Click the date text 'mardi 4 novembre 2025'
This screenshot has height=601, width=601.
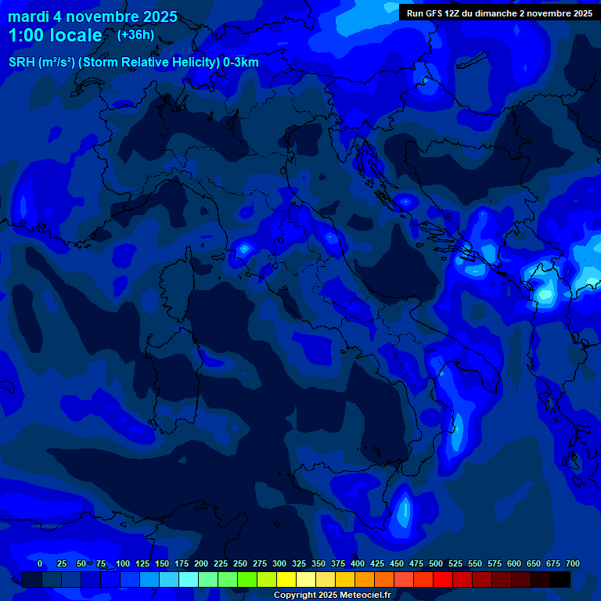pyautogui.click(x=92, y=16)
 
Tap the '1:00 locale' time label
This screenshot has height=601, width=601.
pyautogui.click(x=55, y=35)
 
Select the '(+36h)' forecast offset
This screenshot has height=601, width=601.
pyautogui.click(x=135, y=34)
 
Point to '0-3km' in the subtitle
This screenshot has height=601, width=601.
pyautogui.click(x=239, y=63)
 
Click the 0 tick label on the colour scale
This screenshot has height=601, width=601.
pyautogui.click(x=40, y=563)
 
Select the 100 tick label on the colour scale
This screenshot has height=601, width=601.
pyautogui.click(x=123, y=563)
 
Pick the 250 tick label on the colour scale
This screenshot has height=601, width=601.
pyautogui.click(x=240, y=563)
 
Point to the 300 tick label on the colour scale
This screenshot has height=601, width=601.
pyautogui.click(x=279, y=563)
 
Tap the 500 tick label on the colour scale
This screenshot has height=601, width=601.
pyautogui.click(x=436, y=563)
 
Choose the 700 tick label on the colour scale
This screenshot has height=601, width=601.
pyautogui.click(x=573, y=563)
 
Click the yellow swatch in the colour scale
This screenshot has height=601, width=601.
pyautogui.click(x=287, y=579)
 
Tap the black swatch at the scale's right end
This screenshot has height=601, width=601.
pyautogui.click(x=560, y=579)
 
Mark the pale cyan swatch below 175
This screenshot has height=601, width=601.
pyautogui.click(x=189, y=579)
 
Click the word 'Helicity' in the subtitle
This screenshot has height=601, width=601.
pyautogui.click(x=185, y=63)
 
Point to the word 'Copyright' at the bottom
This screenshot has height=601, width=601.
pyautogui.click(x=298, y=596)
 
